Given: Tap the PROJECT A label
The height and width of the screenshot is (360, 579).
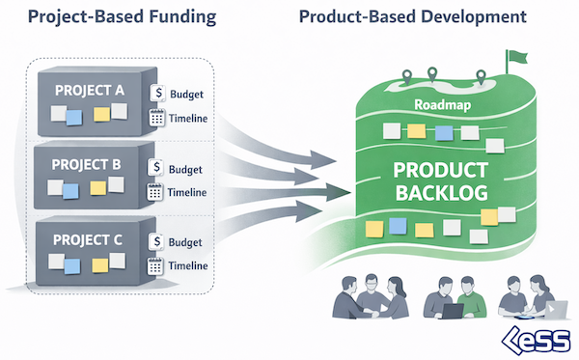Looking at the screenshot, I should pyautogui.click(x=89, y=92).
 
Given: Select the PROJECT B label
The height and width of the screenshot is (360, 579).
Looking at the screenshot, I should pyautogui.click(x=89, y=163).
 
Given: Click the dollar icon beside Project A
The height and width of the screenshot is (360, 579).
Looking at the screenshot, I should pyautogui.click(x=158, y=93).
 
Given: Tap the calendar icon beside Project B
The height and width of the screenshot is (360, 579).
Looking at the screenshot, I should pyautogui.click(x=155, y=192).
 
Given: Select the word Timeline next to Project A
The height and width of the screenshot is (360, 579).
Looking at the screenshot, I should pyautogui.click(x=189, y=118).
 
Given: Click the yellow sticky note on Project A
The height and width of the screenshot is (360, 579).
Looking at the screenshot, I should pyautogui.click(x=100, y=116).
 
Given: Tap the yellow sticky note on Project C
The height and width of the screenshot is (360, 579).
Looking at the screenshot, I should pyautogui.click(x=97, y=262).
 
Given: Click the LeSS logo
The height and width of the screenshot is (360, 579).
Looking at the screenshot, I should pyautogui.click(x=538, y=340).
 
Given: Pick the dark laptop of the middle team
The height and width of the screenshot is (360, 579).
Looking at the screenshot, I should pyautogui.click(x=452, y=311).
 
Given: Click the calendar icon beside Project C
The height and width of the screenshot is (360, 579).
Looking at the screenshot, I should pyautogui.click(x=155, y=265).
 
